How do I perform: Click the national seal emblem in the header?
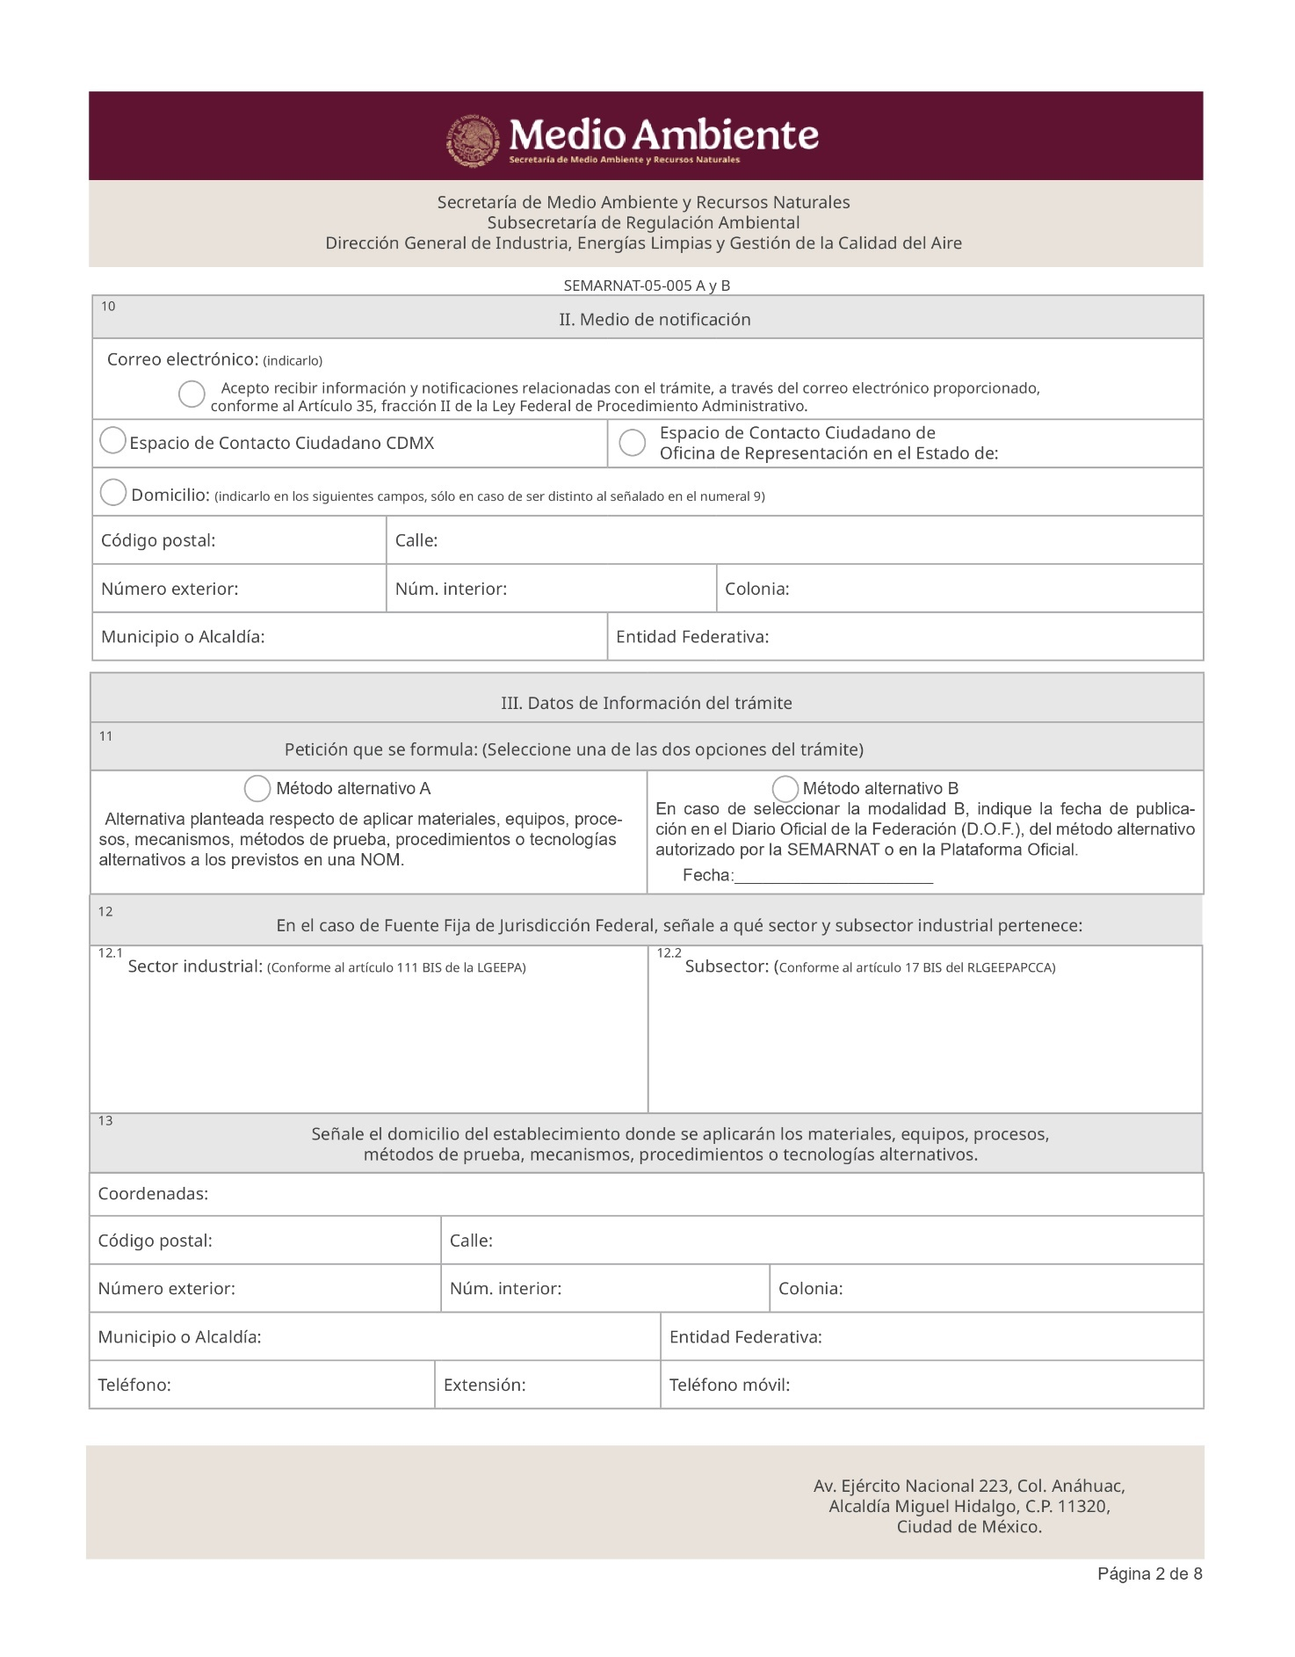[474, 140]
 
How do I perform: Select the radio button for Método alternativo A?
[257, 788]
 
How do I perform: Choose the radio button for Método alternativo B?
[785, 788]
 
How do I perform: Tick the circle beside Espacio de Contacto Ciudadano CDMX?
[112, 441]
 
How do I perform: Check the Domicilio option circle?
[113, 493]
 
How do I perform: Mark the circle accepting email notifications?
[192, 394]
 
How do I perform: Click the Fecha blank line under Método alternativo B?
[833, 876]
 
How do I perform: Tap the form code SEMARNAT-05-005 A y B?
[647, 286]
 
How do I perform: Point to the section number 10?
[108, 307]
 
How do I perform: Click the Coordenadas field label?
[153, 1194]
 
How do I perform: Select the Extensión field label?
[484, 1386]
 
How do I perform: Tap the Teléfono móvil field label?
[729, 1386]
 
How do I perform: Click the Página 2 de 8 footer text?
[1149, 1574]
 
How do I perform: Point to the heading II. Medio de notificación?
[655, 320]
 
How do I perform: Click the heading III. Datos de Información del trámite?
[647, 703]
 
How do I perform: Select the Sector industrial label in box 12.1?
[195, 967]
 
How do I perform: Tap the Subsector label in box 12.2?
[727, 967]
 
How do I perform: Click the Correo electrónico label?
[182, 359]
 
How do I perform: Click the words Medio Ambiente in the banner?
[664, 135]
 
